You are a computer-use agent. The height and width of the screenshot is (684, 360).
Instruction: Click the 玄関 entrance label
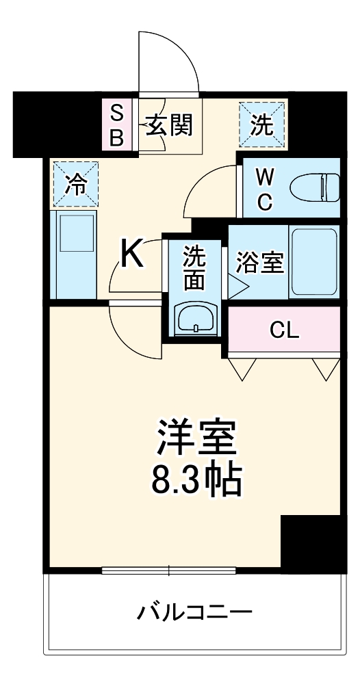point(168,125)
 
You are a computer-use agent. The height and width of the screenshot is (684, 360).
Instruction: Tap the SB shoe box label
point(117,125)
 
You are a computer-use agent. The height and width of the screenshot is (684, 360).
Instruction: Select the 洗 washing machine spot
point(261,124)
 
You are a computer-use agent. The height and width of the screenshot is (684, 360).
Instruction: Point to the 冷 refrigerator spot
point(75,183)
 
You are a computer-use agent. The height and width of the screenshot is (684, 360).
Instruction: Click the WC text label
point(265,187)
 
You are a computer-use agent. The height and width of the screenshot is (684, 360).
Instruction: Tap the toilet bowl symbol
point(315,187)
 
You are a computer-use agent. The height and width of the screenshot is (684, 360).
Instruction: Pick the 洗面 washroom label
point(194,269)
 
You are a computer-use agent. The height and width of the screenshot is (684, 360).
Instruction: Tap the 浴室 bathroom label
point(260,263)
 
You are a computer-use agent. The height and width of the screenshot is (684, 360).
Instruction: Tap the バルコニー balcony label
point(194,610)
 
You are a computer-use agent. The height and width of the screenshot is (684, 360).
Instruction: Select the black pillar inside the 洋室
point(311,544)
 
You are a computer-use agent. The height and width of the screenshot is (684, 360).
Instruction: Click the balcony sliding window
point(169,570)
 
